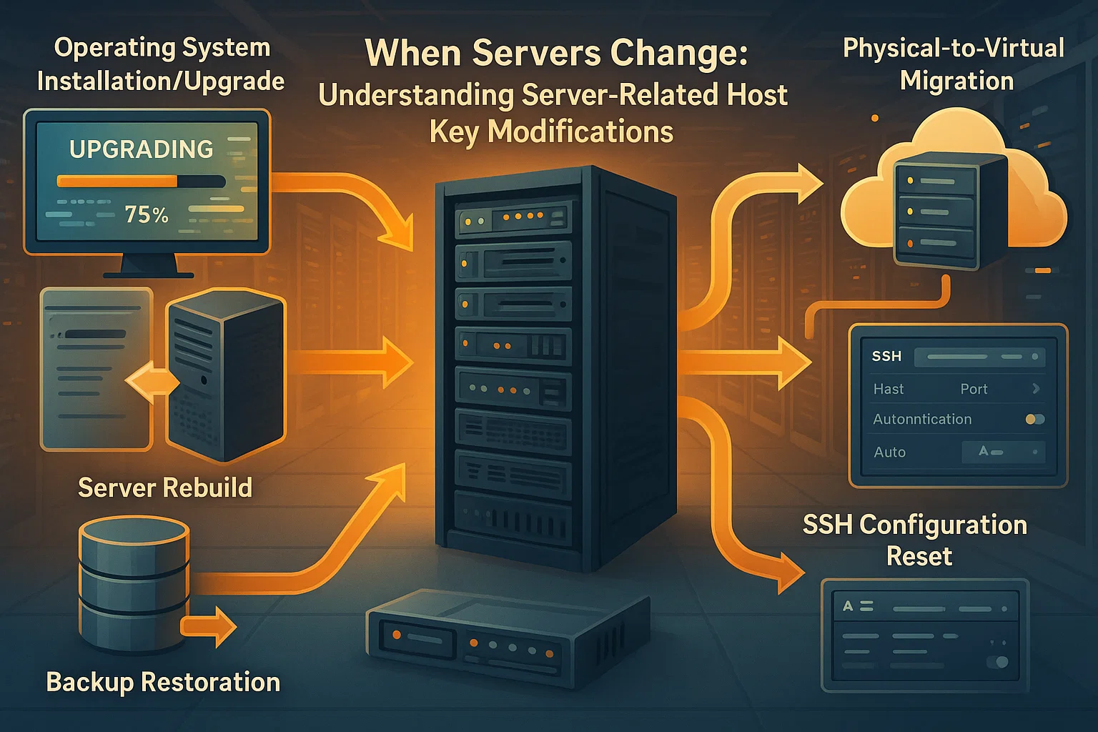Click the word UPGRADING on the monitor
(141, 149)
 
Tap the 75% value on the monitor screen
(147, 214)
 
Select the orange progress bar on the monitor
(118, 182)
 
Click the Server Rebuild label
(165, 488)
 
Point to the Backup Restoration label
(163, 682)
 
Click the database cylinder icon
(134, 583)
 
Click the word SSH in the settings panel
(886, 356)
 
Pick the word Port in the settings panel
(974, 389)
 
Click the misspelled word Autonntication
(922, 420)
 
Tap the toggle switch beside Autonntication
(1034, 420)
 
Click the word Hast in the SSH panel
(889, 389)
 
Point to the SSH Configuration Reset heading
(915, 540)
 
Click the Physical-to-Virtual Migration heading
(954, 64)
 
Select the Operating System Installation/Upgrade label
(161, 64)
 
